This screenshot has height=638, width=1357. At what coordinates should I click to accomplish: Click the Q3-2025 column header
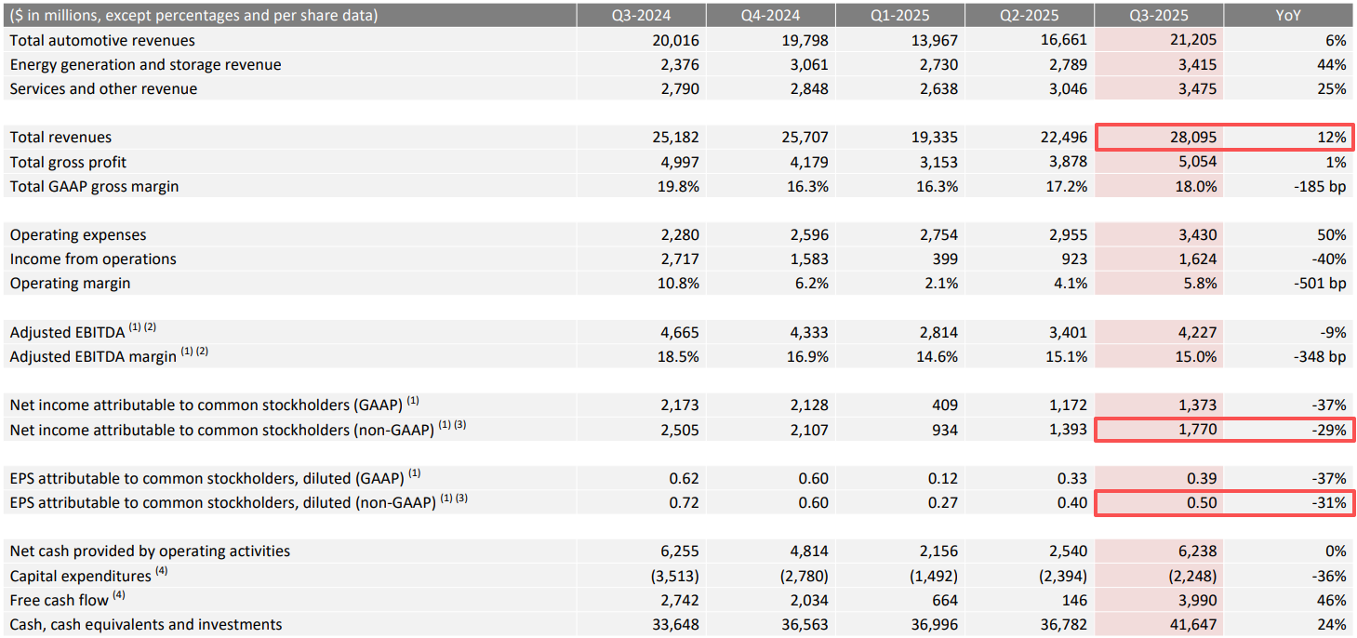tap(1159, 16)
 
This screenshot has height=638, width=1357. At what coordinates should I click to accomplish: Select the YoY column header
tap(1288, 16)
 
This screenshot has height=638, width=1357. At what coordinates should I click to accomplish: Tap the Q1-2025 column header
tap(900, 16)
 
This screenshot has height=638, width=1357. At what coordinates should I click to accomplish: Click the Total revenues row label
tap(60, 138)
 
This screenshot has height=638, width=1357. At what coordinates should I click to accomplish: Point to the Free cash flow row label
tap(60, 600)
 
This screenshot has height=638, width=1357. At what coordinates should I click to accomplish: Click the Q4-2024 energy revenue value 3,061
tap(806, 64)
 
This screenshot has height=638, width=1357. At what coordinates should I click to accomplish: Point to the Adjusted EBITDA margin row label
tap(93, 356)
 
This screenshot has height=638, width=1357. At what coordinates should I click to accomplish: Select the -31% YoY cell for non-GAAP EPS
tap(1327, 503)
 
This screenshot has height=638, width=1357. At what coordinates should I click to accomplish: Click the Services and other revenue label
tap(103, 88)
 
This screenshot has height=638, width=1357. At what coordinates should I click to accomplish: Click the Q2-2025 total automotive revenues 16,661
tap(1063, 40)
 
